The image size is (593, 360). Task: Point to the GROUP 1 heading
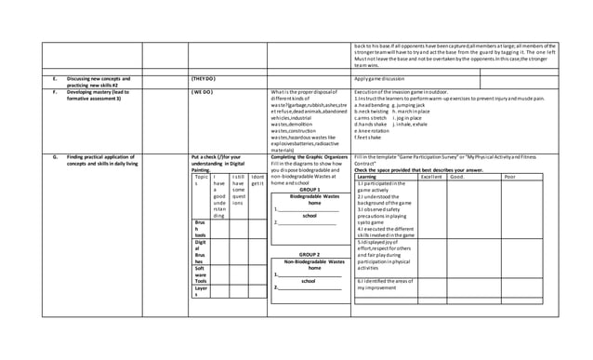point(310,189)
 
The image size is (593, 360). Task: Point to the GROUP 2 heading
point(310,254)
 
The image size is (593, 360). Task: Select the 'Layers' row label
point(200,293)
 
